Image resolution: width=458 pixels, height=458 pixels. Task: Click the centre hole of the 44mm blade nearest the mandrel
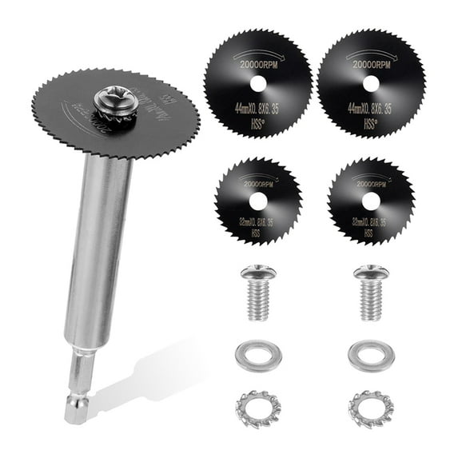point(256,82)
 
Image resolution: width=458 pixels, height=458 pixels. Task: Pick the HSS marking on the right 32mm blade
point(368,233)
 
